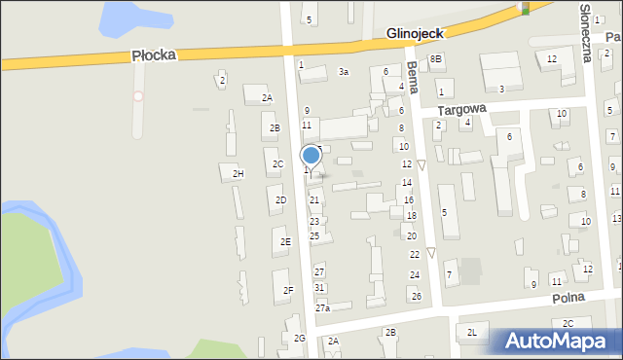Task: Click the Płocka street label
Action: (x=154, y=56)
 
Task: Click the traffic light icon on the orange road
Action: (x=526, y=8)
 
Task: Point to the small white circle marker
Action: (x=138, y=95)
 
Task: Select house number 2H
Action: (x=238, y=173)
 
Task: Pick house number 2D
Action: (x=280, y=200)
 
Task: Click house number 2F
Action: (x=288, y=290)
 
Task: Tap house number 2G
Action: (x=300, y=338)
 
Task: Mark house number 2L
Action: (x=472, y=333)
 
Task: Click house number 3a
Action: (x=343, y=72)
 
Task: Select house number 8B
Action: (x=436, y=59)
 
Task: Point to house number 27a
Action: (x=322, y=308)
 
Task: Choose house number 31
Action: (x=319, y=287)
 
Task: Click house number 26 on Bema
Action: (x=416, y=296)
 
